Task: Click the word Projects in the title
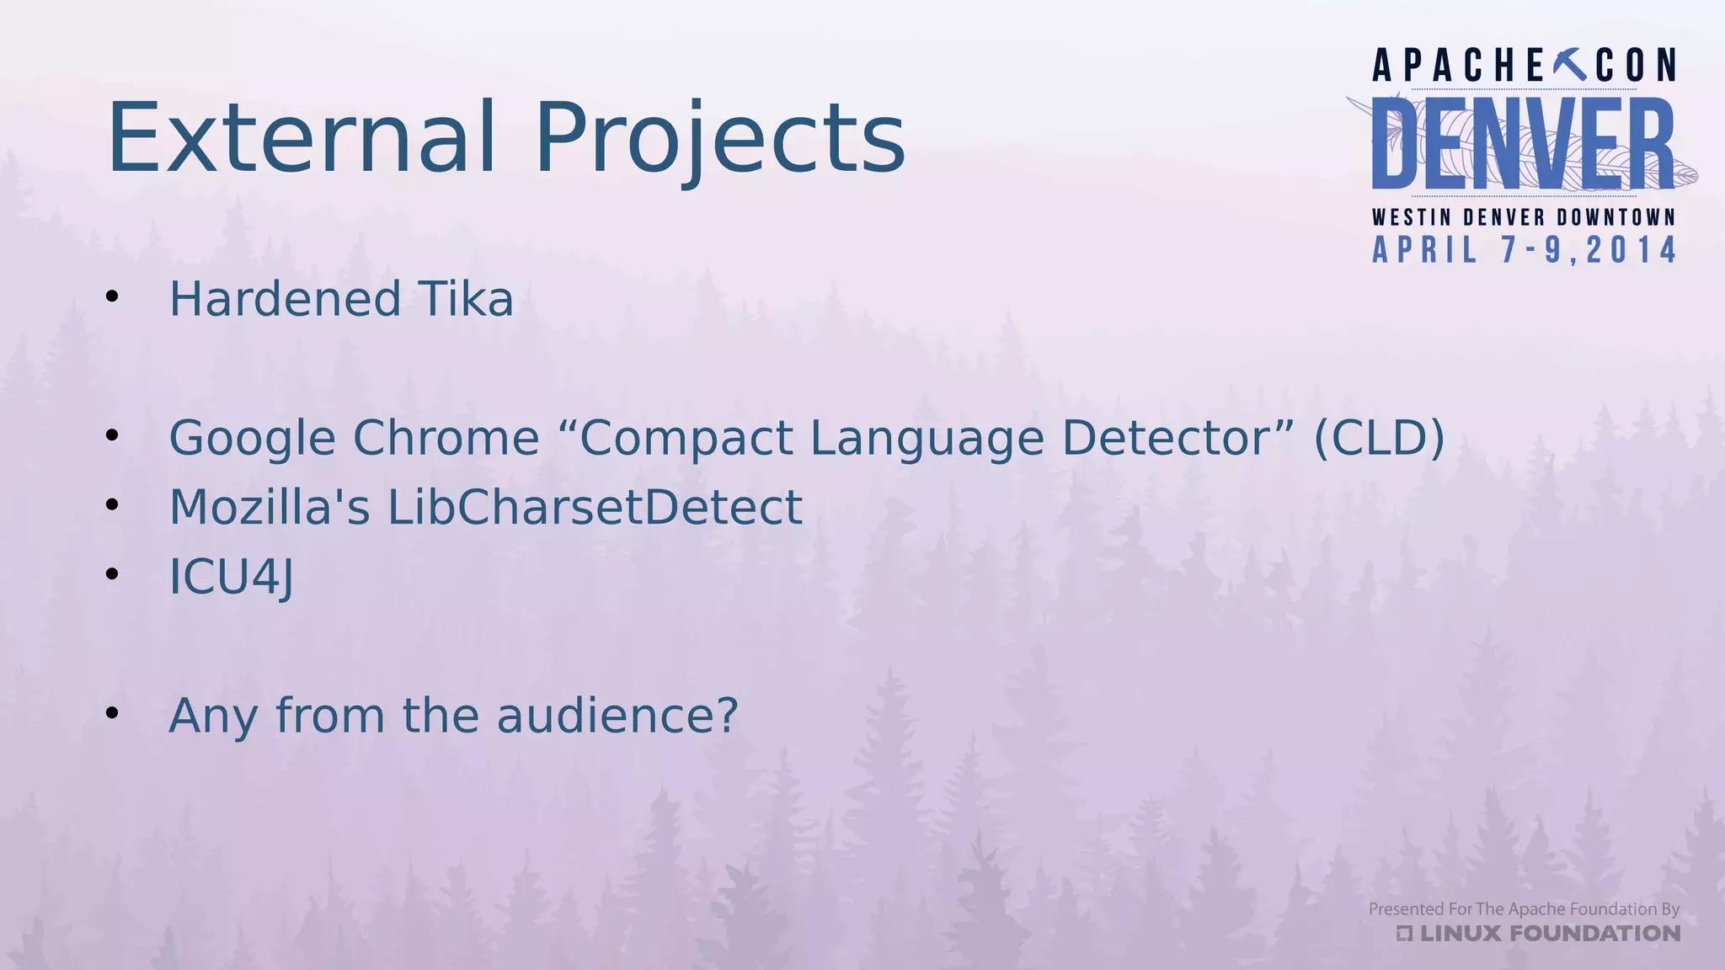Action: click(x=720, y=138)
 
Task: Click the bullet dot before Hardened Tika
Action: click(x=112, y=296)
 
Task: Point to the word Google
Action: click(x=252, y=439)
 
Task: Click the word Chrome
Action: click(x=446, y=438)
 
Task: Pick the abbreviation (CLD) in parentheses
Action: click(x=1379, y=438)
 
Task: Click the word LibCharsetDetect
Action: click(x=594, y=508)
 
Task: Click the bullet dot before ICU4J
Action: click(x=112, y=574)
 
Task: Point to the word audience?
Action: click(x=617, y=716)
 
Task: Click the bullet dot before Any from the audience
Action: click(x=112, y=713)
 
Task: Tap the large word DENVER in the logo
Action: click(x=1523, y=144)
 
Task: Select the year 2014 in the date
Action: click(x=1632, y=250)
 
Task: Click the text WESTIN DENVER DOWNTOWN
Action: click(x=1523, y=217)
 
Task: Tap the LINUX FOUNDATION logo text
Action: click(x=1548, y=933)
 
